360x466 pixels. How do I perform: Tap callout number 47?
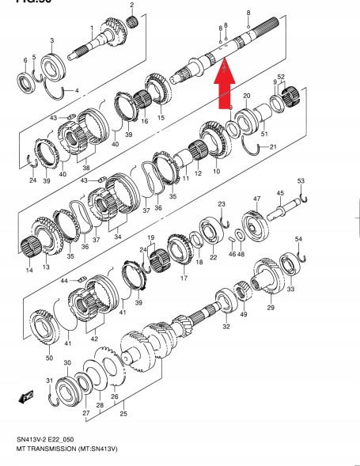256,199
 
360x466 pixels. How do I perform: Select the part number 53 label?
301,182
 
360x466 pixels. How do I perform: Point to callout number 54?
298,239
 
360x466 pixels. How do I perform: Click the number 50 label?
50,358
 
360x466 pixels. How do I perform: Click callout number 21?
273,147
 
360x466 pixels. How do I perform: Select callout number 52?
281,77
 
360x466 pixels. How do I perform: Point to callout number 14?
29,271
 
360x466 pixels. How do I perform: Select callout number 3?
51,40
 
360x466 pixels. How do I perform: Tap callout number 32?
227,326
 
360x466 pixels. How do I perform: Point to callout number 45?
280,193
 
